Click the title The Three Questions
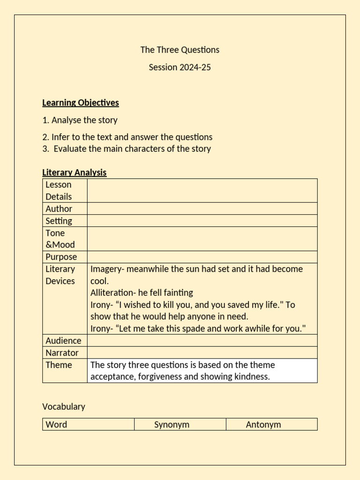point(180,50)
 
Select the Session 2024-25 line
point(180,67)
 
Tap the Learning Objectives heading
point(80,103)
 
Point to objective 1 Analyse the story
point(80,120)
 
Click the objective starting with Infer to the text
point(127,137)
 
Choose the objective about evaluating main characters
point(127,149)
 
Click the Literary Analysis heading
point(74,172)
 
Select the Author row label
point(59,209)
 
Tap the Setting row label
point(59,221)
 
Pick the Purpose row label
point(61,257)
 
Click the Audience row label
point(63,341)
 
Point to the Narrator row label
point(62,353)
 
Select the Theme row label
point(59,365)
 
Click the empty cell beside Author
point(202,209)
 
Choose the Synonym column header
point(172,425)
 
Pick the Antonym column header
point(263,425)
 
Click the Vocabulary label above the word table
point(64,406)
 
